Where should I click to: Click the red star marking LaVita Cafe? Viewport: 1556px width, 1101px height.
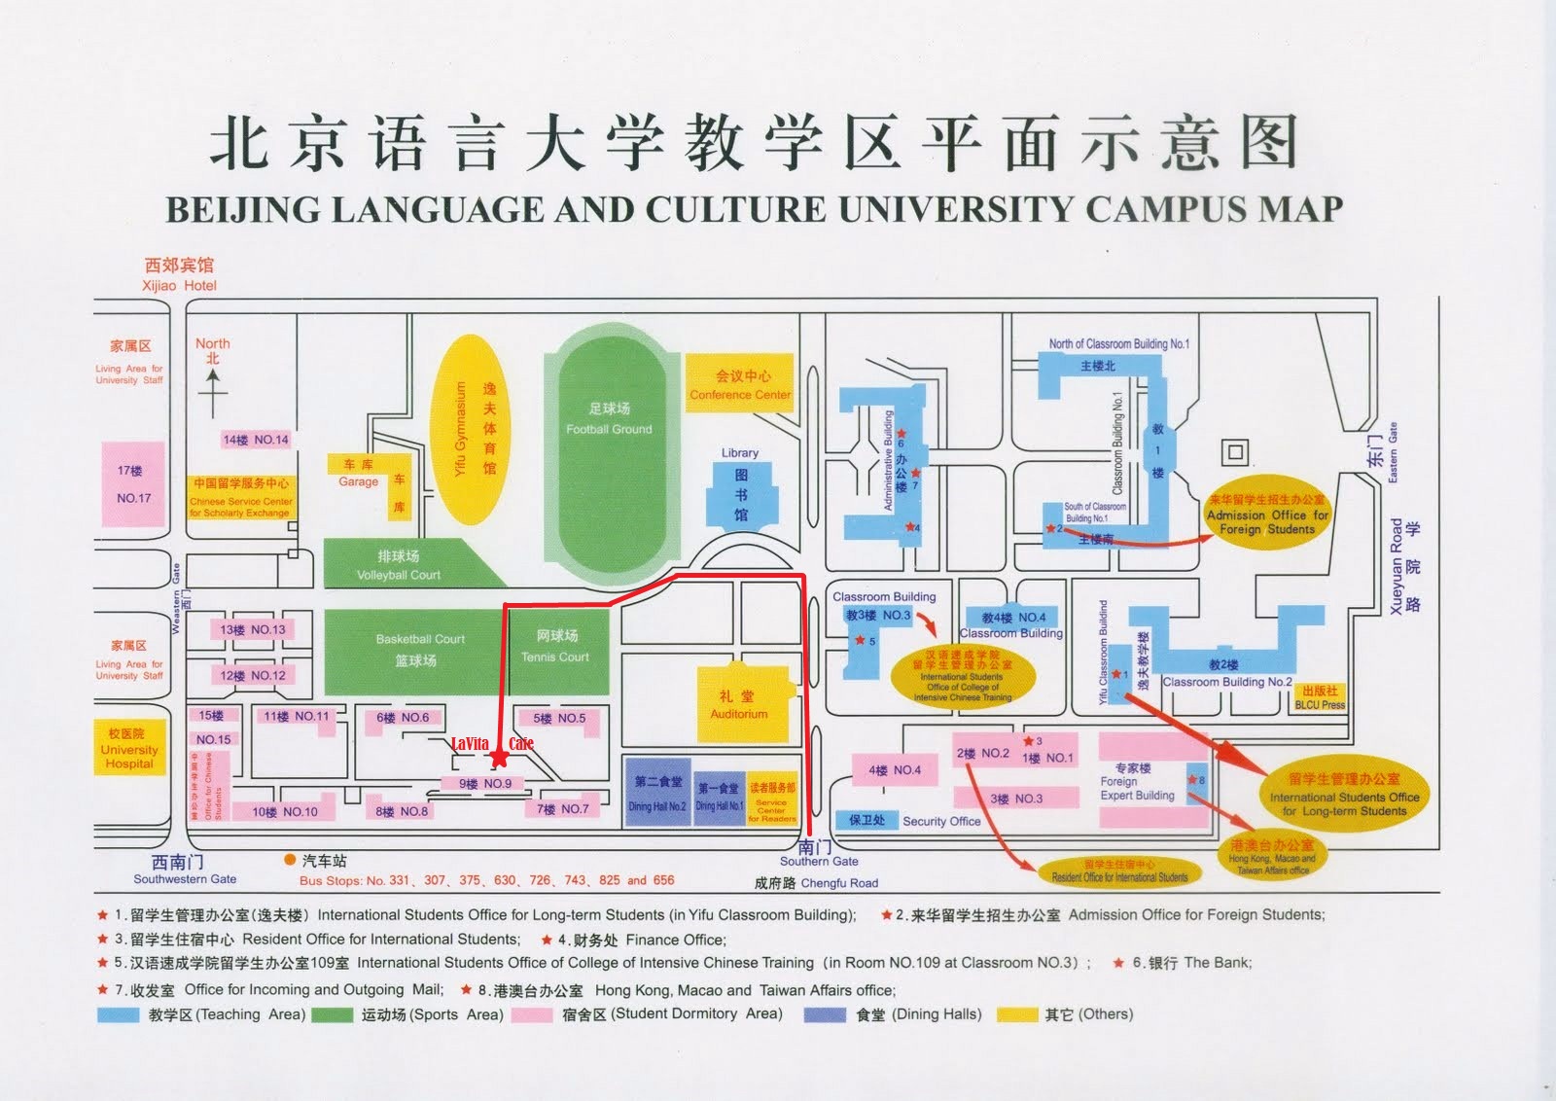[x=499, y=757]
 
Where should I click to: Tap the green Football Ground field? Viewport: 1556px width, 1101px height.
[x=610, y=457]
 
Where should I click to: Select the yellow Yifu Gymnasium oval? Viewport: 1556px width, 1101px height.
[x=471, y=429]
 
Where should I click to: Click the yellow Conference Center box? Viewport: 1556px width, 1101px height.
[x=740, y=383]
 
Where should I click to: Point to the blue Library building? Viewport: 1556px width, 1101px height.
[x=741, y=494]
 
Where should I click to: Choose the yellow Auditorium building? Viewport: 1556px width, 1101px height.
[x=739, y=705]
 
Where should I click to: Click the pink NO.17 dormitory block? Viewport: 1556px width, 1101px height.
[x=133, y=484]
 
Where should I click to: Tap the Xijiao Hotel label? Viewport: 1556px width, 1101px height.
[x=179, y=274]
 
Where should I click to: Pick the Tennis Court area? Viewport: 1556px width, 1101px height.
[x=556, y=646]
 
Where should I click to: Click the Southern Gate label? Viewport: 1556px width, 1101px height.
[x=818, y=853]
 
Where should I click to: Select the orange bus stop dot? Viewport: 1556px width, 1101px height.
[x=290, y=860]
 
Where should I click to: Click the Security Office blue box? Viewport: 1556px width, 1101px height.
[x=866, y=820]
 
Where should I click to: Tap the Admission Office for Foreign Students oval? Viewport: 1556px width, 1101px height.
[x=1267, y=515]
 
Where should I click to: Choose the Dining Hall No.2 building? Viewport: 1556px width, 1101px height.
[x=657, y=793]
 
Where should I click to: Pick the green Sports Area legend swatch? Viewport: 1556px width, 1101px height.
[x=332, y=1014]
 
